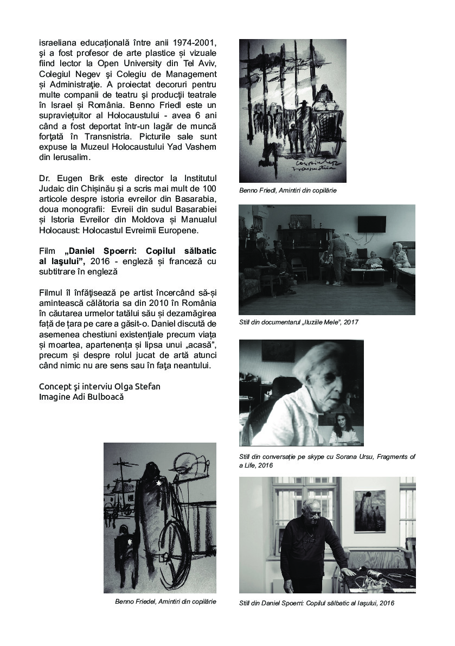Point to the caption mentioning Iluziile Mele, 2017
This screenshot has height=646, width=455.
pos(298,322)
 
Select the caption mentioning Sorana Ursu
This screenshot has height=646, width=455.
pos(327,461)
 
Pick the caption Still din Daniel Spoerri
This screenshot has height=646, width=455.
pos(316,603)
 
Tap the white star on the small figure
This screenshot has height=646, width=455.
pos(130,541)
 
